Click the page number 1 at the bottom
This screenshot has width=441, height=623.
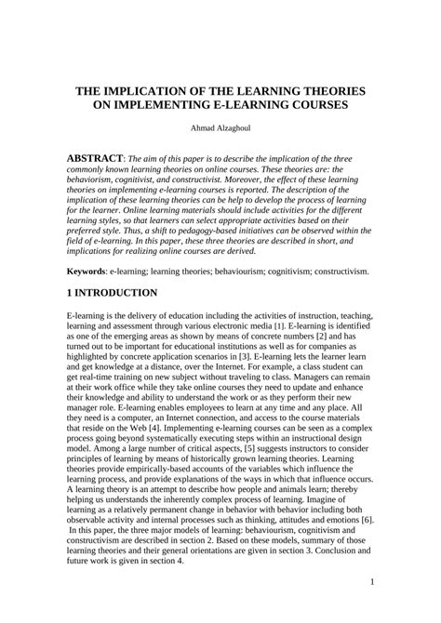[x=371, y=582]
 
